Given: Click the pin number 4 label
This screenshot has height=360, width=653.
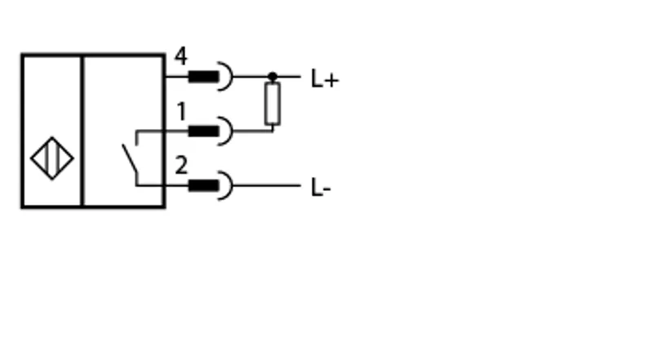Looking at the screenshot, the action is coord(180,56).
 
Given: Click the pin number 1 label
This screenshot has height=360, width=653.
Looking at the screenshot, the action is coord(181,111).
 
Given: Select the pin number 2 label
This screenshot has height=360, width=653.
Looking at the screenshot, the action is coord(181,165).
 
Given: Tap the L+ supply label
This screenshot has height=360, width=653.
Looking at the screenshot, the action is coord(325,79).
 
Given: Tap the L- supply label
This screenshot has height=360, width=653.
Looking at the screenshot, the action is coord(321,188).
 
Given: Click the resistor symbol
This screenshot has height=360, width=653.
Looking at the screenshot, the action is coord(273,104).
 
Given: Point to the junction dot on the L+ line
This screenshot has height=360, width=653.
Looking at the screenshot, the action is coord(273,77).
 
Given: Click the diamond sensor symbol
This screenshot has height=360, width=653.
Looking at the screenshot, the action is coord(52,158).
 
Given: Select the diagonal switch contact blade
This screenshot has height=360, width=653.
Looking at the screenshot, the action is coord(130,158).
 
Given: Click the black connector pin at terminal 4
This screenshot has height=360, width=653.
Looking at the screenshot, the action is coord(203,77).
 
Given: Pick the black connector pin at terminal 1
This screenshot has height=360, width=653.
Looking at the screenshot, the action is coord(203,131).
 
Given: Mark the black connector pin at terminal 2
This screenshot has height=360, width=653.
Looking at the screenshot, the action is coord(203,185).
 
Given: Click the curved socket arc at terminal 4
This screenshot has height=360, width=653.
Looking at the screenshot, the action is coord(232,76).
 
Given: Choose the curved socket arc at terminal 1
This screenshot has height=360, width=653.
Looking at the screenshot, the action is coord(232,131).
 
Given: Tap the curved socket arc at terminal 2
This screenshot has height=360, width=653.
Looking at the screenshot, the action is coord(232,185).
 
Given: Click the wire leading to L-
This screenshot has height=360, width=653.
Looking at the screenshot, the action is coord(267,185).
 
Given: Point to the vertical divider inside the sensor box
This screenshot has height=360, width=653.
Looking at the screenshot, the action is coord(82,131).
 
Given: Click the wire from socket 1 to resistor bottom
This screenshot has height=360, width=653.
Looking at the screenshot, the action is coord(253,131).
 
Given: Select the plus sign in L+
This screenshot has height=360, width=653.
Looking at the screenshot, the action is coord(332,81).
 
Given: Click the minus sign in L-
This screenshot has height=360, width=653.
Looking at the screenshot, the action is coord(326,190).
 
